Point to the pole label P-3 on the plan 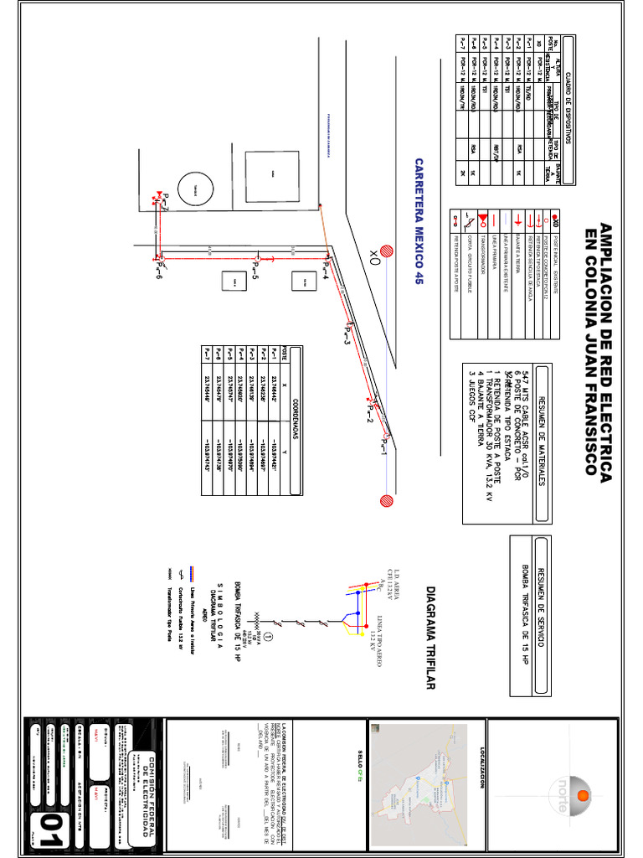346,337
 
